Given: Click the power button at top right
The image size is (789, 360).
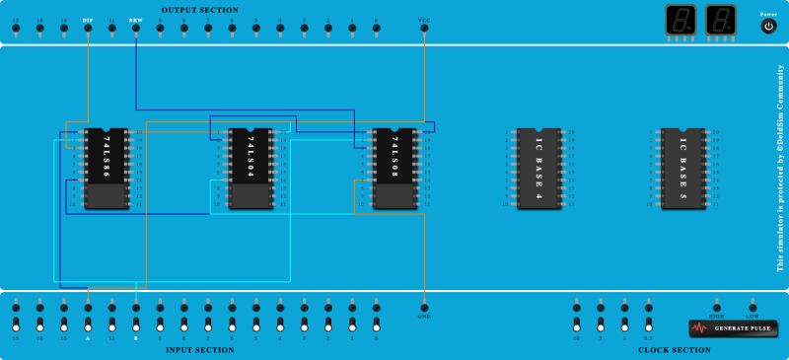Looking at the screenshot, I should pyautogui.click(x=768, y=27).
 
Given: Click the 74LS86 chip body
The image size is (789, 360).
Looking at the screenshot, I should pyautogui.click(x=106, y=169).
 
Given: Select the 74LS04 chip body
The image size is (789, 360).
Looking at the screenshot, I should pyautogui.click(x=250, y=169).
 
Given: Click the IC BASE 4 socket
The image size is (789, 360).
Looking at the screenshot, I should pyautogui.click(x=538, y=169).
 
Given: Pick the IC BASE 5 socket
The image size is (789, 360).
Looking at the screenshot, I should pyautogui.click(x=682, y=169).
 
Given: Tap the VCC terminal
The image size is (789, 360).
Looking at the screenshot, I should pyautogui.click(x=424, y=29).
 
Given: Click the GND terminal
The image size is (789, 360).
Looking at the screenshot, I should pyautogui.click(x=424, y=306).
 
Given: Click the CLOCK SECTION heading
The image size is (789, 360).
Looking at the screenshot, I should pyautogui.click(x=674, y=349).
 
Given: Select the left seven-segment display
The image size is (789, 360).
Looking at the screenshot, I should pyautogui.click(x=678, y=21).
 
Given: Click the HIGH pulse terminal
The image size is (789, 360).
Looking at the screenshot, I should pyautogui.click(x=717, y=306).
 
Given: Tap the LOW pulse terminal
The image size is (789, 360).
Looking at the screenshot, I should pyautogui.click(x=753, y=306).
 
